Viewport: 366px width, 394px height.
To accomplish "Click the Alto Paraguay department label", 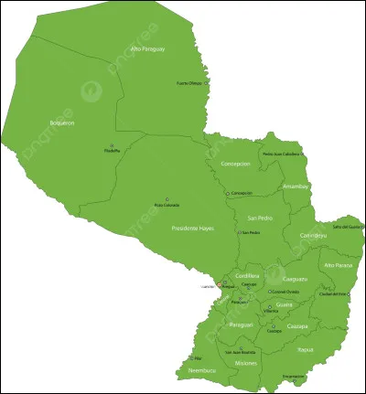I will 147,48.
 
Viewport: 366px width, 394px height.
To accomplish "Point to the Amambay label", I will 296,186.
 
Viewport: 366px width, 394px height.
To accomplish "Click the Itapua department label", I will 306,348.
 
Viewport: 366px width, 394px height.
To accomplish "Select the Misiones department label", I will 245,364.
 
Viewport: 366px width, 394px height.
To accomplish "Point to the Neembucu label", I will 200,371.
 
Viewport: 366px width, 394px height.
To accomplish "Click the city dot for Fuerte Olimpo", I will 206,82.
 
